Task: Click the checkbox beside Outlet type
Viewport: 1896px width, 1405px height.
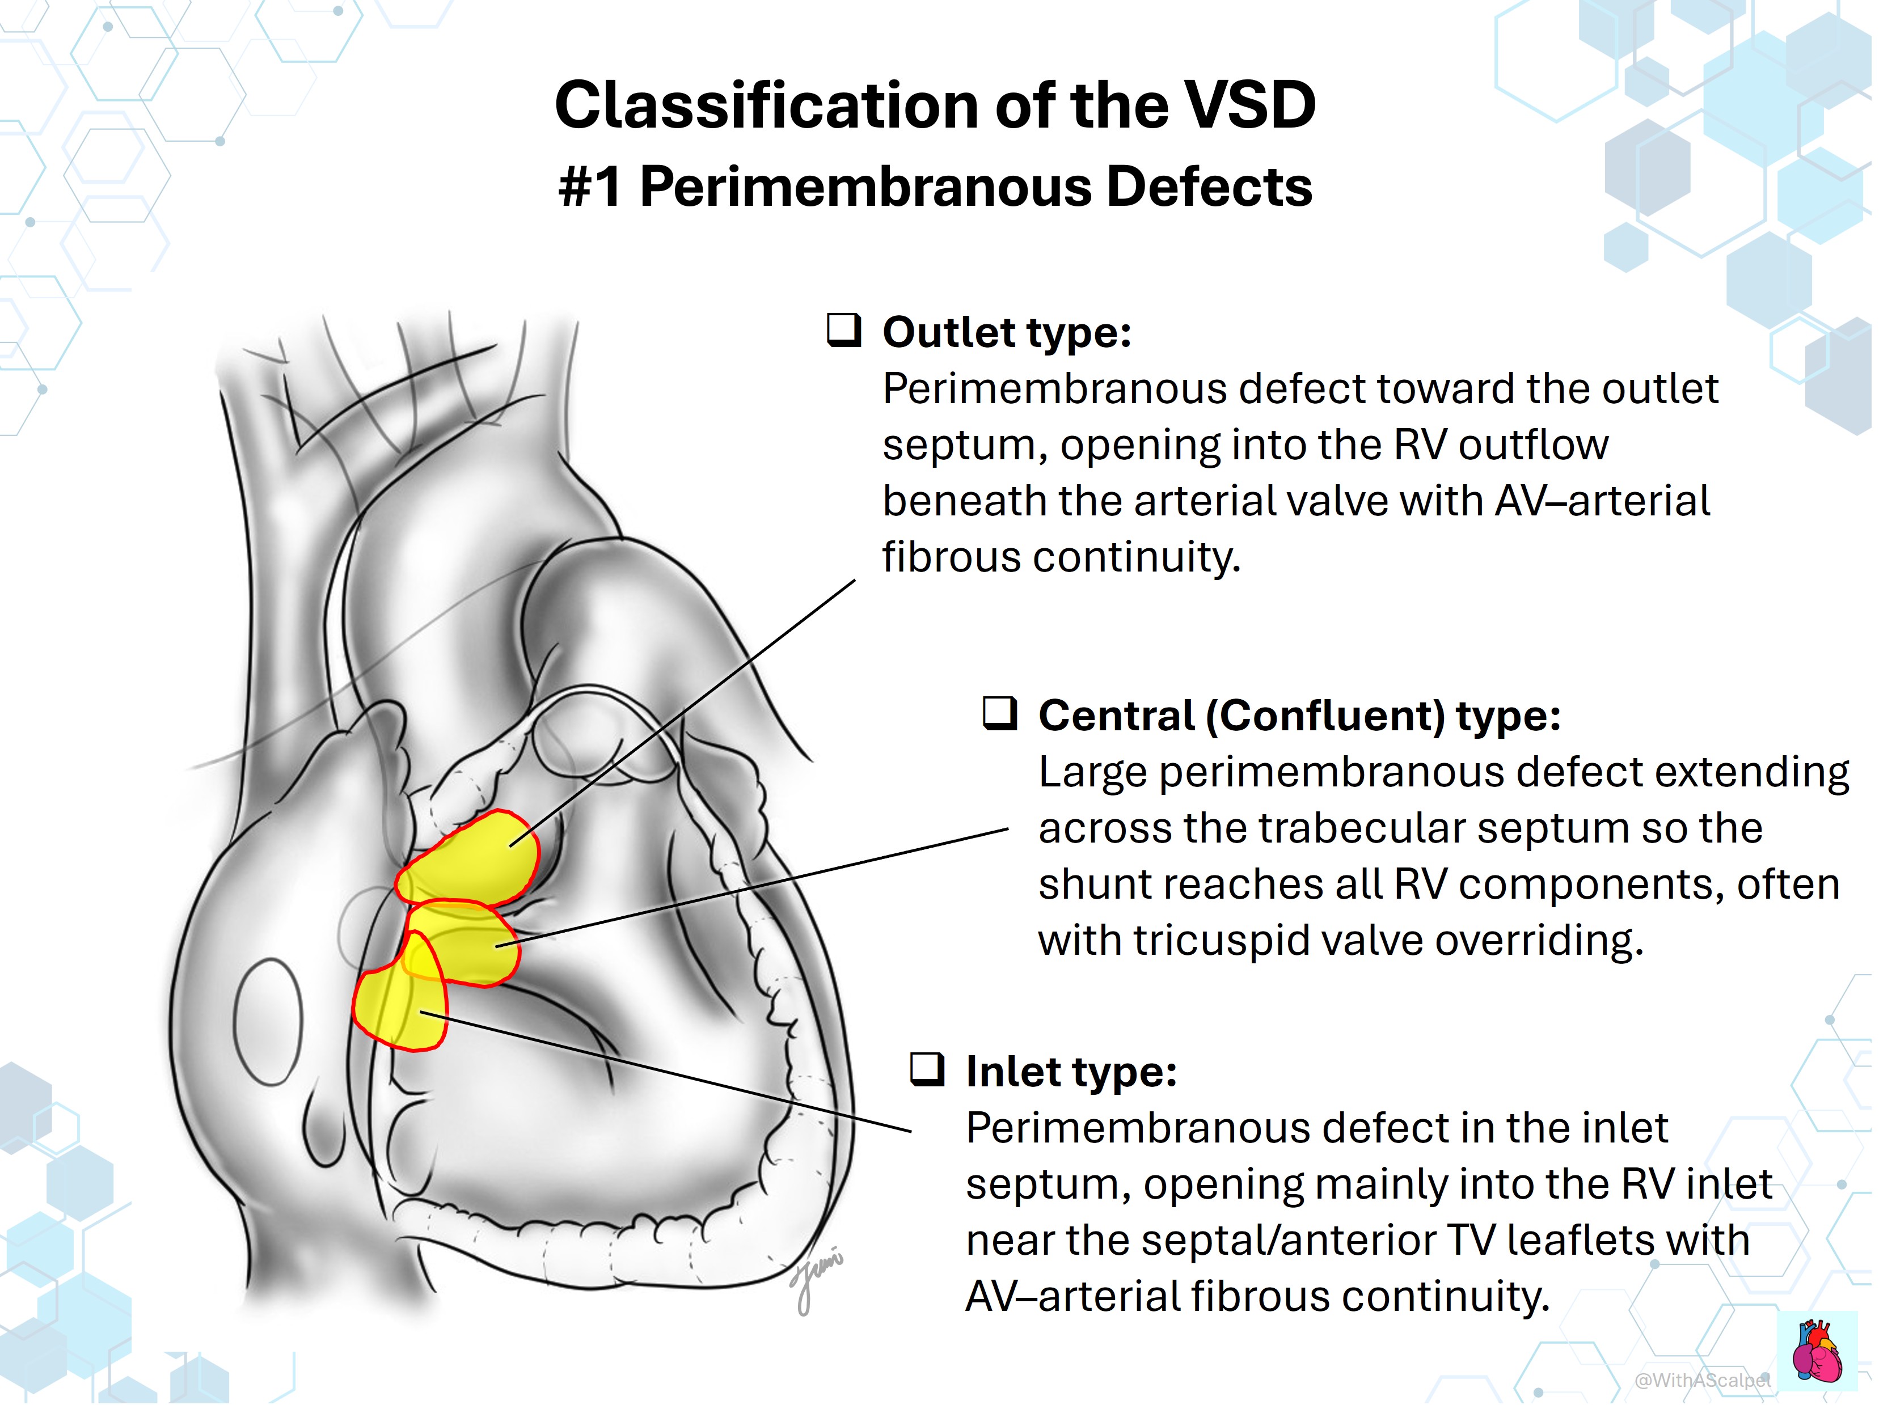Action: point(844,331)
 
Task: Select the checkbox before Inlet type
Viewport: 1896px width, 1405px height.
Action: point(927,1070)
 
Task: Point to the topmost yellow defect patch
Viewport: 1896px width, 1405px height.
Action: point(468,858)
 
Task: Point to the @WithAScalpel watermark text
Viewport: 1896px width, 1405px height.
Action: point(1703,1379)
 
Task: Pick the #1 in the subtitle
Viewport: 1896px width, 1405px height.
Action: point(591,187)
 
